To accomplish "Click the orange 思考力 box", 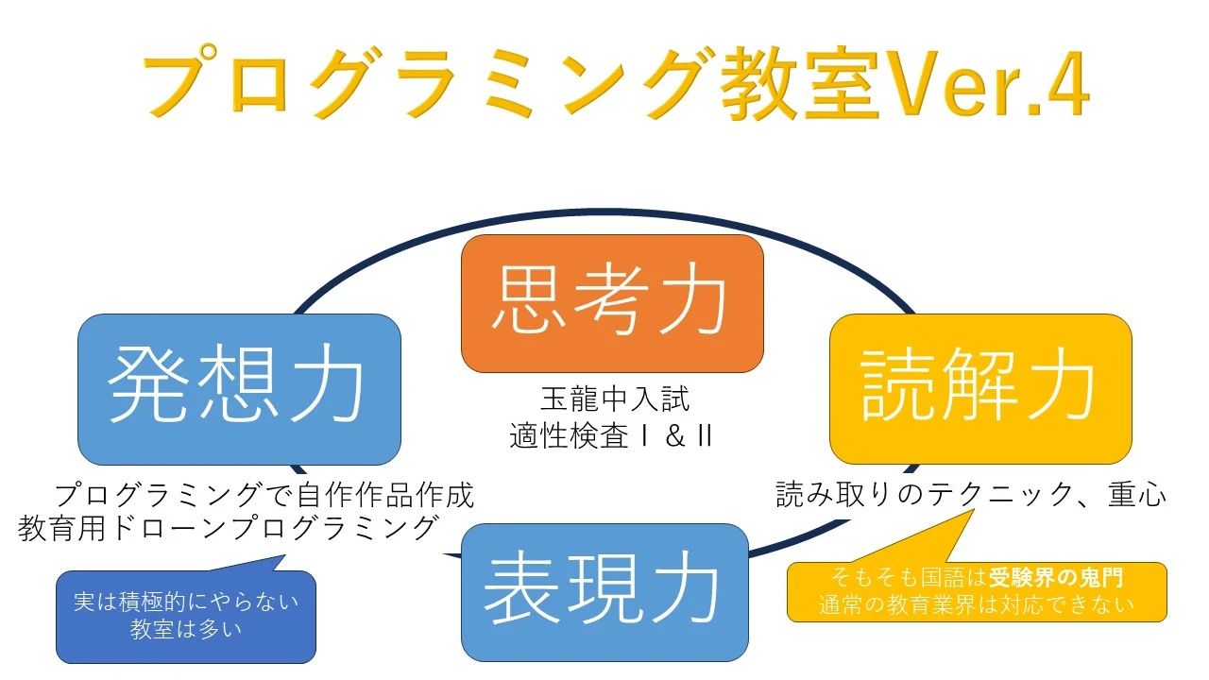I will pos(612,302).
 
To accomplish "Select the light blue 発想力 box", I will pos(238,388).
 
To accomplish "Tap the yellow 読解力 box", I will pos(979,387).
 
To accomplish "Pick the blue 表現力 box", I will pos(604,591).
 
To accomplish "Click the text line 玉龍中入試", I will pos(615,399).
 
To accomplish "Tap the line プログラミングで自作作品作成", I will pos(264,495).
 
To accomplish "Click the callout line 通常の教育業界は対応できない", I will pos(977,604).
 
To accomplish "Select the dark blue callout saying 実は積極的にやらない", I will pos(186,602).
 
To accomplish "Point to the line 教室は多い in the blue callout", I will pos(186,628).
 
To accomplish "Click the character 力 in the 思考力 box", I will pos(693,302).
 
